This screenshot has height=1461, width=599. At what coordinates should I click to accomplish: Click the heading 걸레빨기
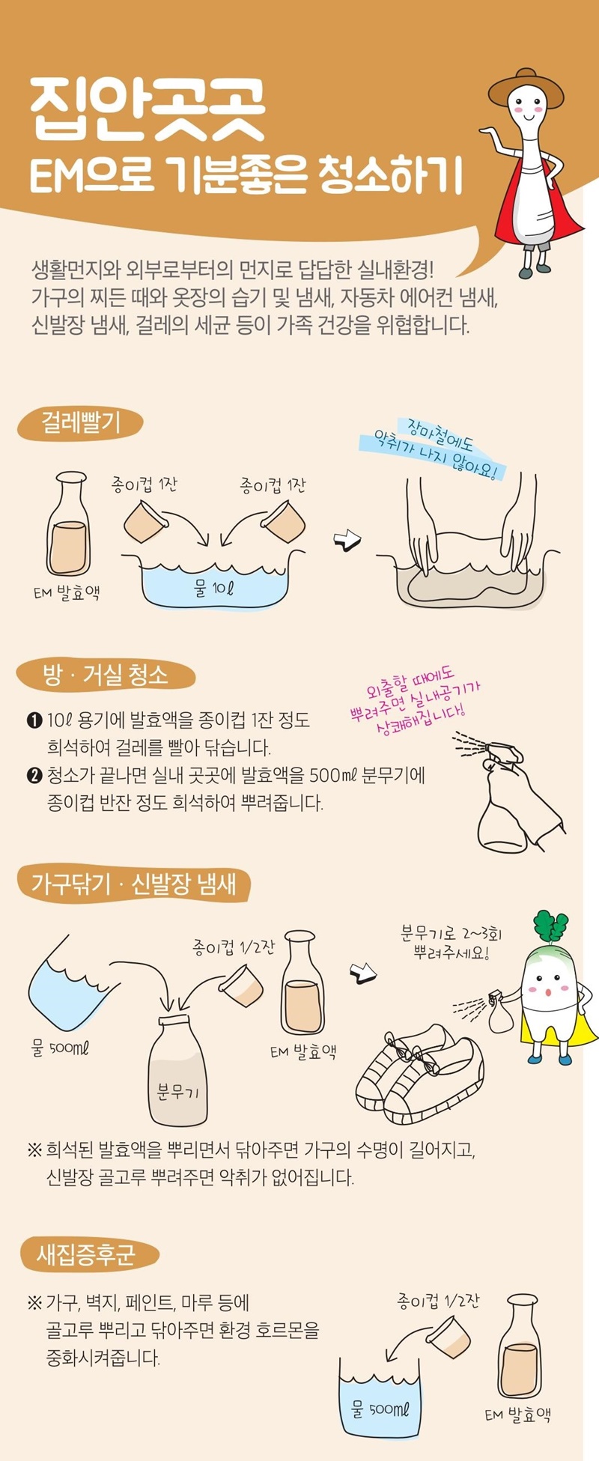(x=80, y=423)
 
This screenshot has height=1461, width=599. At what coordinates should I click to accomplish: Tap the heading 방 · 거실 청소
(x=106, y=675)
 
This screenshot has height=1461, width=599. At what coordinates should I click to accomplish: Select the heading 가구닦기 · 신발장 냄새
(x=133, y=884)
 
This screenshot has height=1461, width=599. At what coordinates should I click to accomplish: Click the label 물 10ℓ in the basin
(x=214, y=588)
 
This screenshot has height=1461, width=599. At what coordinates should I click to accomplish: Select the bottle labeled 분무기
(x=177, y=1072)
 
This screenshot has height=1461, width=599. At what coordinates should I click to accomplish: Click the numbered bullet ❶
(x=34, y=721)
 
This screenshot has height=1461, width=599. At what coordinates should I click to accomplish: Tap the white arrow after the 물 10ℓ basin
(x=347, y=540)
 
